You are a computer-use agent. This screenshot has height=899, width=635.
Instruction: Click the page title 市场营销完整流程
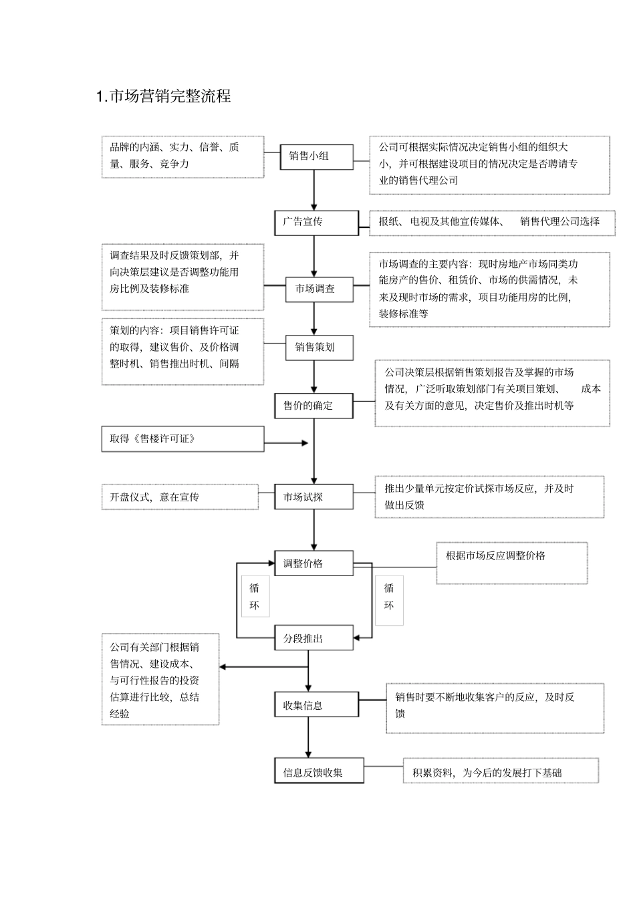pos(164,96)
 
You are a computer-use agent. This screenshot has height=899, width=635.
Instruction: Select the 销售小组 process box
pos(315,156)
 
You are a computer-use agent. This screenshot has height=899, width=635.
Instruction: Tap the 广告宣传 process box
pos(316,223)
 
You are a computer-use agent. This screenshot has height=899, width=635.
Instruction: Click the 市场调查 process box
pos(320,289)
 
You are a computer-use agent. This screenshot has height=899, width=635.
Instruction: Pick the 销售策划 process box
pos(319,348)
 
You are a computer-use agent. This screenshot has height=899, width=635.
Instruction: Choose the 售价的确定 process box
pos(313,406)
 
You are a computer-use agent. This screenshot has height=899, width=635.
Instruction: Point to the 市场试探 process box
pos(313,497)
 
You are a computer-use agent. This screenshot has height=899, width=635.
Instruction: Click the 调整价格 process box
pos(313,563)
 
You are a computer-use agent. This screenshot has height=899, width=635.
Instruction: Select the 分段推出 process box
pos(313,638)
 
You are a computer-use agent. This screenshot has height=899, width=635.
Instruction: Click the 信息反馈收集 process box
pos(319,772)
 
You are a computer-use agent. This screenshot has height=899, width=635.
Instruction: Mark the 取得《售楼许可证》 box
pos(182,439)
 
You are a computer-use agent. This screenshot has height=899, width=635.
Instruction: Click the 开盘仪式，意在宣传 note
pos(180,497)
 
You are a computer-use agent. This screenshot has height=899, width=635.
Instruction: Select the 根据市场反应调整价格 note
pos(511,563)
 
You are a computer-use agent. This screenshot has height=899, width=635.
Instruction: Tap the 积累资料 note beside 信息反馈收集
pos(501,772)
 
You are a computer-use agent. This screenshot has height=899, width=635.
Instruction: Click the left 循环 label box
pos(255,597)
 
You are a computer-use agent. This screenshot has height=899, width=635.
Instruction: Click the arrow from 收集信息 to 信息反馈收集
pos(308,738)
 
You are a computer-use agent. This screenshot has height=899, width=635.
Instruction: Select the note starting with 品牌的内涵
pos(182,156)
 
